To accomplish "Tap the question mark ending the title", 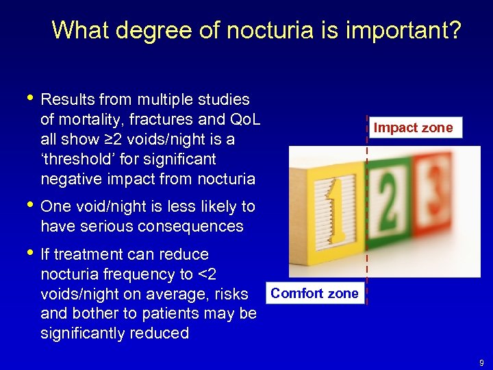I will pyautogui.click(x=454, y=31).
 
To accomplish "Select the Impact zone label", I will pyautogui.click(x=413, y=127).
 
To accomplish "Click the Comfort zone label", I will pyautogui.click(x=314, y=293).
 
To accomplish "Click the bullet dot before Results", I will pyautogui.click(x=27, y=100).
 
